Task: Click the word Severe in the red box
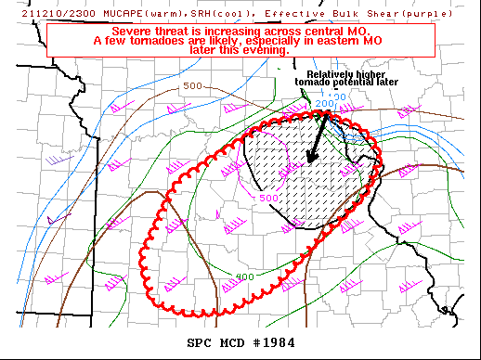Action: point(133,32)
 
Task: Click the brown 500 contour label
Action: point(192,86)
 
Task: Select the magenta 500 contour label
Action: point(268,198)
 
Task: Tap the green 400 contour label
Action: point(244,276)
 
